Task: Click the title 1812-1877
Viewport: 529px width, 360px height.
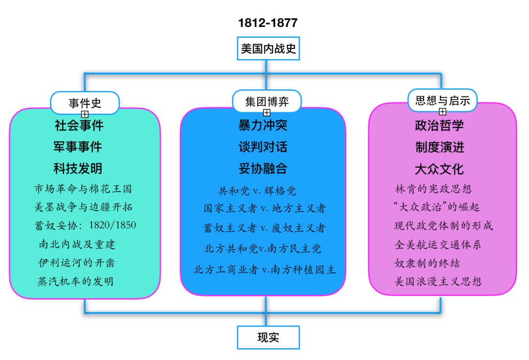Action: click(x=268, y=23)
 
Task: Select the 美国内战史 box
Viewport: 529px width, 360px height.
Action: click(x=268, y=49)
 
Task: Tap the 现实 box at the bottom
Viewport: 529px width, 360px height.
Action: click(x=268, y=337)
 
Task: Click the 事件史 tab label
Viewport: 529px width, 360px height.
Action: click(x=85, y=102)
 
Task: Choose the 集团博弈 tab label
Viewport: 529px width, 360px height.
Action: click(x=267, y=102)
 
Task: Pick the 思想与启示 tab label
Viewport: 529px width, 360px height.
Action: click(x=442, y=100)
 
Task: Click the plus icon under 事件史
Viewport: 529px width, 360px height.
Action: click(x=85, y=114)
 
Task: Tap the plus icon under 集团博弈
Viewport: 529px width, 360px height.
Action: click(x=267, y=113)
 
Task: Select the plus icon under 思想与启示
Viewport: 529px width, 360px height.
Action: click(x=442, y=112)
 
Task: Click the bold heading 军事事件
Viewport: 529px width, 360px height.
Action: click(x=78, y=146)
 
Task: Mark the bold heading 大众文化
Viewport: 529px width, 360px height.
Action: click(x=439, y=169)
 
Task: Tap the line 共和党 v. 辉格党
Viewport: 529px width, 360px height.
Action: click(x=257, y=191)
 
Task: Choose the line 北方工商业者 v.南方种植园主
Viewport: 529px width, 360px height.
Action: click(x=264, y=269)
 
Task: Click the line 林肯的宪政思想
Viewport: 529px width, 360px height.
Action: click(x=433, y=189)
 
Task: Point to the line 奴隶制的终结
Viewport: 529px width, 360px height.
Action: click(x=427, y=263)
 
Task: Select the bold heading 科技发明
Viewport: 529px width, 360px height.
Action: click(x=78, y=168)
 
